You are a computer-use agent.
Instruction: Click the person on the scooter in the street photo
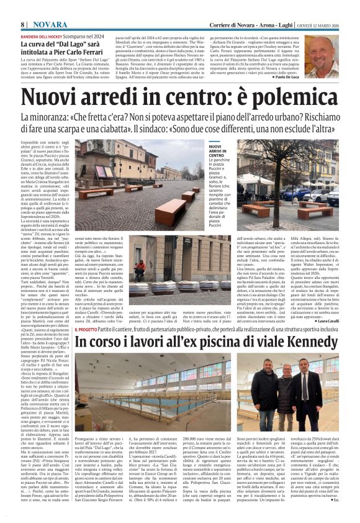tap(141, 268)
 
